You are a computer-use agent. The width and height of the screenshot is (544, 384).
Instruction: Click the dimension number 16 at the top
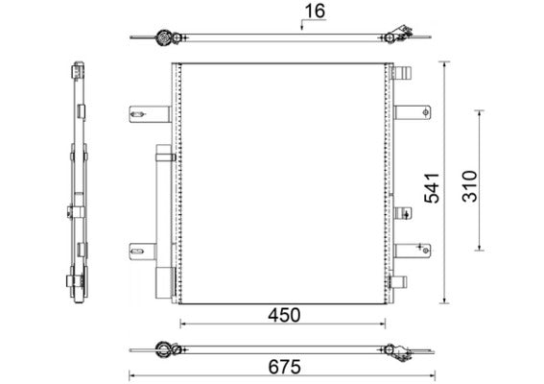click(314, 12)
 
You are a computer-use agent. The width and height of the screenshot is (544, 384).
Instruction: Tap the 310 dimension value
click(467, 181)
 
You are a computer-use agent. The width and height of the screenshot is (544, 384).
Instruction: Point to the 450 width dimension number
click(284, 315)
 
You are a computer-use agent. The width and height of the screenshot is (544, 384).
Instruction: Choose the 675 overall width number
click(284, 366)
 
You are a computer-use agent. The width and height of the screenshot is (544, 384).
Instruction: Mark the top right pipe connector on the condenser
click(402, 73)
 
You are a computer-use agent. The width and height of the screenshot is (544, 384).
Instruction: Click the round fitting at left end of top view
click(164, 38)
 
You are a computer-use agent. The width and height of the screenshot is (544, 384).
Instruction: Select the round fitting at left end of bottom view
click(164, 348)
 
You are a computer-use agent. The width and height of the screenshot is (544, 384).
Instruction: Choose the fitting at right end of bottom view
click(393, 349)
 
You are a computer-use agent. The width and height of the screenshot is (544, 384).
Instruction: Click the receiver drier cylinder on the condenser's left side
click(164, 221)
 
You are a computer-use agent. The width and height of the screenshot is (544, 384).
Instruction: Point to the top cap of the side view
click(76, 71)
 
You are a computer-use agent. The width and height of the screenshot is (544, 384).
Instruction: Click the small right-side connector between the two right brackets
click(402, 213)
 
